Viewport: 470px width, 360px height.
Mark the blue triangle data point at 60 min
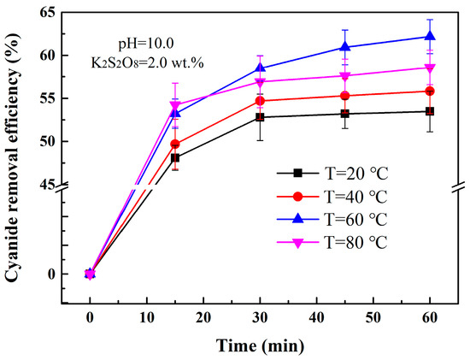tap(430, 36)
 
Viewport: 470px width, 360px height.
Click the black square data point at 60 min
tap(430, 111)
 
